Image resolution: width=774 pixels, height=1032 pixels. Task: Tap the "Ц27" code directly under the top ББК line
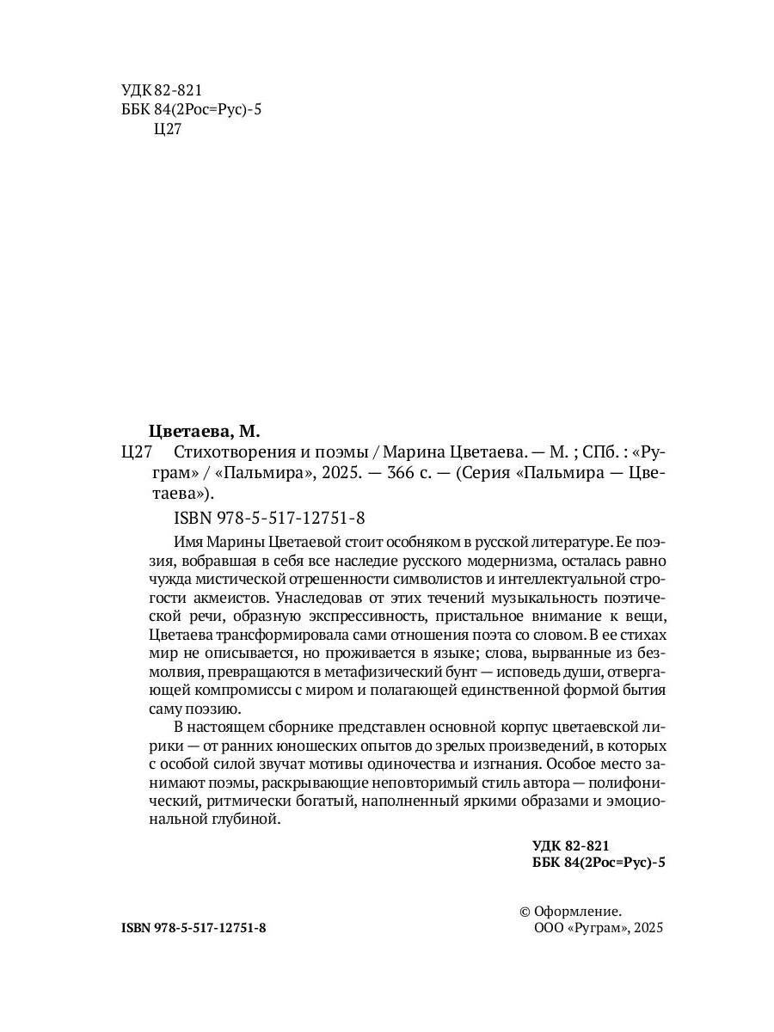(x=166, y=130)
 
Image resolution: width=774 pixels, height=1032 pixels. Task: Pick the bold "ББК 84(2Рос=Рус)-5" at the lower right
(x=599, y=864)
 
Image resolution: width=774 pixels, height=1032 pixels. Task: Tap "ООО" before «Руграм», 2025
(x=549, y=929)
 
